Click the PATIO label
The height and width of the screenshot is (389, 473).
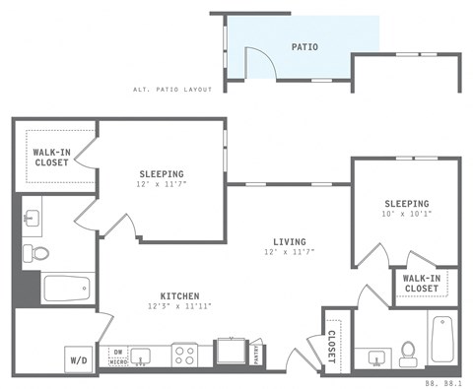pos(305,46)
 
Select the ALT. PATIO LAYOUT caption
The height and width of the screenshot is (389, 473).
pos(172,90)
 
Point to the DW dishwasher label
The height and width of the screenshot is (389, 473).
pos(117,352)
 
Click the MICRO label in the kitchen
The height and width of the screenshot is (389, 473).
pos(117,361)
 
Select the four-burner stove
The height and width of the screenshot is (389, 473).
pos(184,355)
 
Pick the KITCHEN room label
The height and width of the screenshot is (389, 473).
pos(180,295)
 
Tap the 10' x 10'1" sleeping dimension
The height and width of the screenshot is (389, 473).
pos(407,217)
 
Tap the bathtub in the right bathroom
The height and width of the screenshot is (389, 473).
pos(440,339)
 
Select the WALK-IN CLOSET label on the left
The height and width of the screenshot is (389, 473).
pos(50,158)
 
